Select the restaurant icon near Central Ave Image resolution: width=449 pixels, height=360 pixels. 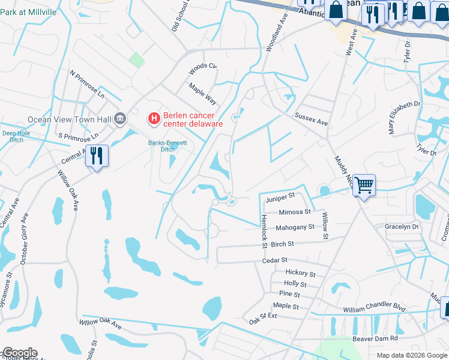[96, 156]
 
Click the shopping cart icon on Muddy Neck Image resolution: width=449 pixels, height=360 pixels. [364, 185]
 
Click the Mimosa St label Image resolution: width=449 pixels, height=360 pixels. [295, 212]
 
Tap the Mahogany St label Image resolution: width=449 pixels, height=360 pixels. [295, 227]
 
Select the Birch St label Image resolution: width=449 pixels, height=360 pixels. [282, 244]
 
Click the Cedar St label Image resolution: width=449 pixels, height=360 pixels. [275, 260]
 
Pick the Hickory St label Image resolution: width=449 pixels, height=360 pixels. [300, 274]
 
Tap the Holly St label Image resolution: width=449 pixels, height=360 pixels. [295, 284]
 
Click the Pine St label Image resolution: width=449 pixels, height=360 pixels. [289, 294]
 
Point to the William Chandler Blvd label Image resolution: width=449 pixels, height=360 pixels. [374, 307]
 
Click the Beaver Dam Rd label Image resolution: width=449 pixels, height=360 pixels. [376, 338]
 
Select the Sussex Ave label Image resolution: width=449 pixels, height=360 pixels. [311, 118]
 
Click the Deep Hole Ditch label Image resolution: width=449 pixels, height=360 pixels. [16, 137]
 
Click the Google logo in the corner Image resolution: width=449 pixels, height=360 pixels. [19, 353]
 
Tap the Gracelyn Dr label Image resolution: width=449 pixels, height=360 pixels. [402, 227]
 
